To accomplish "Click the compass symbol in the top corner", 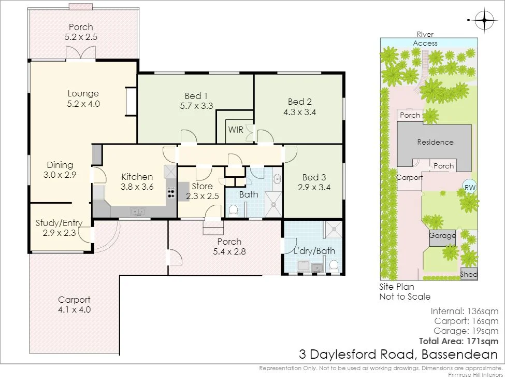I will [x=484, y=21].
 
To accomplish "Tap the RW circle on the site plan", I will [x=470, y=188].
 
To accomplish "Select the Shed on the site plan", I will [x=469, y=275].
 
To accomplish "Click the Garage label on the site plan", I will [x=442, y=235].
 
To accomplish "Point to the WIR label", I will [x=236, y=130].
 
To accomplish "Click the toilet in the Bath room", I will [x=234, y=210].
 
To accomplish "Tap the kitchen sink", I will [x=138, y=211].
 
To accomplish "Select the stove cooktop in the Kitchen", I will [x=170, y=192].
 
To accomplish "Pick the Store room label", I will [x=202, y=186].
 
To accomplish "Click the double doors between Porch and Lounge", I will [x=81, y=53].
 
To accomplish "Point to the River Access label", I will [x=425, y=39].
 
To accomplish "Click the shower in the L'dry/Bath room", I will [x=333, y=229].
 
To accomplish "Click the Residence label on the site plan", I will [x=435, y=142].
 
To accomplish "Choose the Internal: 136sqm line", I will [x=464, y=312].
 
